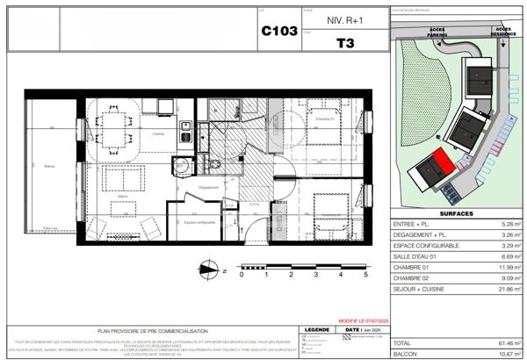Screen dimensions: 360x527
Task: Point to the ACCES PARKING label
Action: pos(436,32)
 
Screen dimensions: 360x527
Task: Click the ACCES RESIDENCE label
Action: pos(503,32)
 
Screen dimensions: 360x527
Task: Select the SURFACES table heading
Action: pos(455,212)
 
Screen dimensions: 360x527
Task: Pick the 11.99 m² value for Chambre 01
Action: pos(507,266)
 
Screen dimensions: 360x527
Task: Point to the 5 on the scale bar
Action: pos(365,275)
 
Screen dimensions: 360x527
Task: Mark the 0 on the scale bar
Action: pos(241,275)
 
